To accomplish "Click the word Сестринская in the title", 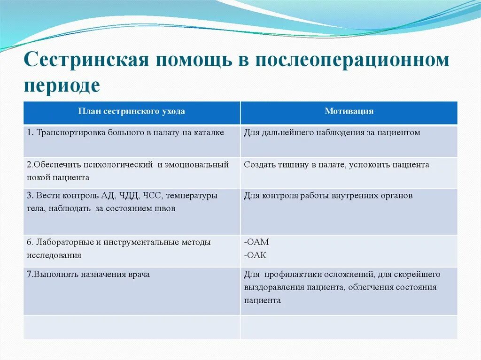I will pyautogui.click(x=86, y=61).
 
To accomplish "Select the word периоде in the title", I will pyautogui.click(x=62, y=85).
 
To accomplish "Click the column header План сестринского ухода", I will pyautogui.click(x=132, y=111).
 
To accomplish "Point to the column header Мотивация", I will pyautogui.click(x=349, y=111).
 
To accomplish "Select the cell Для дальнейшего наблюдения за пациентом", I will pyautogui.click(x=332, y=133).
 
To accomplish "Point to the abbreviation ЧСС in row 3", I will pyautogui.click(x=151, y=196).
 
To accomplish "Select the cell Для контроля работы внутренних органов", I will pyautogui.click(x=328, y=196).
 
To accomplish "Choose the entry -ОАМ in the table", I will pyautogui.click(x=256, y=243).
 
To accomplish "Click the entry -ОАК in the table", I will pyautogui.click(x=256, y=255).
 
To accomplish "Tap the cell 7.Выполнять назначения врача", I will pyautogui.click(x=88, y=274).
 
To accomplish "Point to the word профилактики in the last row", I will pyautogui.click(x=293, y=274).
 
